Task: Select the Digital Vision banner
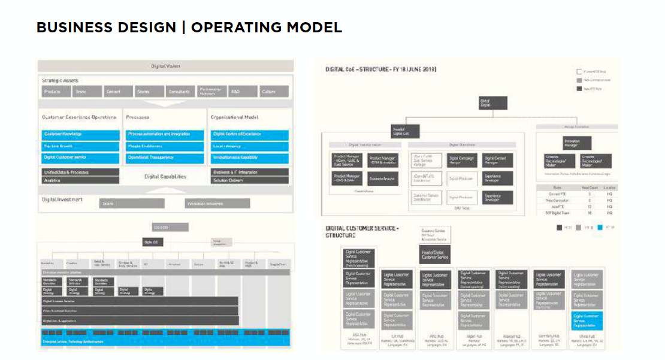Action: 165,66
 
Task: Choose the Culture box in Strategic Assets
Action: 274,92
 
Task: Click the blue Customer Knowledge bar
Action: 81,134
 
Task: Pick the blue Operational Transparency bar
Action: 165,158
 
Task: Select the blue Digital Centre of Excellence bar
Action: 249,134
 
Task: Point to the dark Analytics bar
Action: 81,180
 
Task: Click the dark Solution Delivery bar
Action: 249,180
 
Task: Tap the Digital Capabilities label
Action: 165,176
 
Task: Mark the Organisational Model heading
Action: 235,117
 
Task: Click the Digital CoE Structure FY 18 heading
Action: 381,69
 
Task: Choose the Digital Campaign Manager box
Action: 461,160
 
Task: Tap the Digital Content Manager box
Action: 498,160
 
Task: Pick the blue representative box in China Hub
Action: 587,319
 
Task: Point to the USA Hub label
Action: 358,336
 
